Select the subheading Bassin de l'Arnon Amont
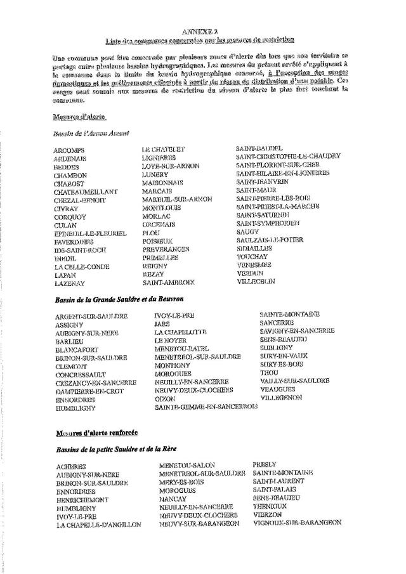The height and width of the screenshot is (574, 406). [x=92, y=133]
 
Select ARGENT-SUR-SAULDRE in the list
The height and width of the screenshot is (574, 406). [x=91, y=316]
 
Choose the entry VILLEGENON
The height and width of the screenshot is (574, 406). [x=281, y=398]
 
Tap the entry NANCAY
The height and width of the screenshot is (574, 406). [x=174, y=499]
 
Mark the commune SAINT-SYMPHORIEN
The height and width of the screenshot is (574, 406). [x=268, y=223]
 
